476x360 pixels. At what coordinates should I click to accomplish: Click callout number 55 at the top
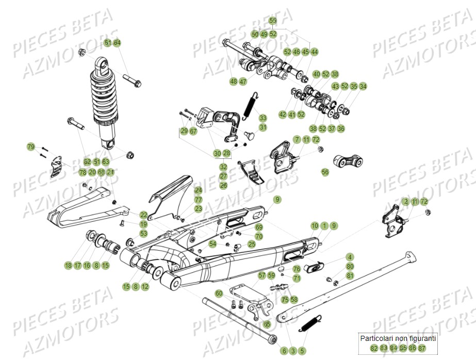[273, 21]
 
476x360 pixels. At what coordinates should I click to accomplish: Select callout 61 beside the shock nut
[107, 42]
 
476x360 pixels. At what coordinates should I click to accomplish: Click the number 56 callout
[325, 172]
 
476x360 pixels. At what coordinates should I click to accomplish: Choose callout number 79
[30, 148]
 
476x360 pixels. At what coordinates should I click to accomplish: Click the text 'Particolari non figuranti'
[398, 338]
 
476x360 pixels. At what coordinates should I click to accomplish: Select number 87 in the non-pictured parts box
[422, 349]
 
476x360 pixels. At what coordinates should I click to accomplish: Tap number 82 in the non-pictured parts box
[374, 349]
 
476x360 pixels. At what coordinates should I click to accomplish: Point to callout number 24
[198, 190]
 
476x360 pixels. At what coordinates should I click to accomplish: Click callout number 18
[68, 266]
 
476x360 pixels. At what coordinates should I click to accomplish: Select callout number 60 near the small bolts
[219, 293]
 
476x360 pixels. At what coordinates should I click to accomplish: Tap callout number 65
[266, 324]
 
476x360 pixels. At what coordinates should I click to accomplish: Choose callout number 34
[363, 86]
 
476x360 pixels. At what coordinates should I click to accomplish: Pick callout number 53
[143, 234]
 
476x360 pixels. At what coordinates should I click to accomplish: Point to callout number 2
[406, 201]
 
